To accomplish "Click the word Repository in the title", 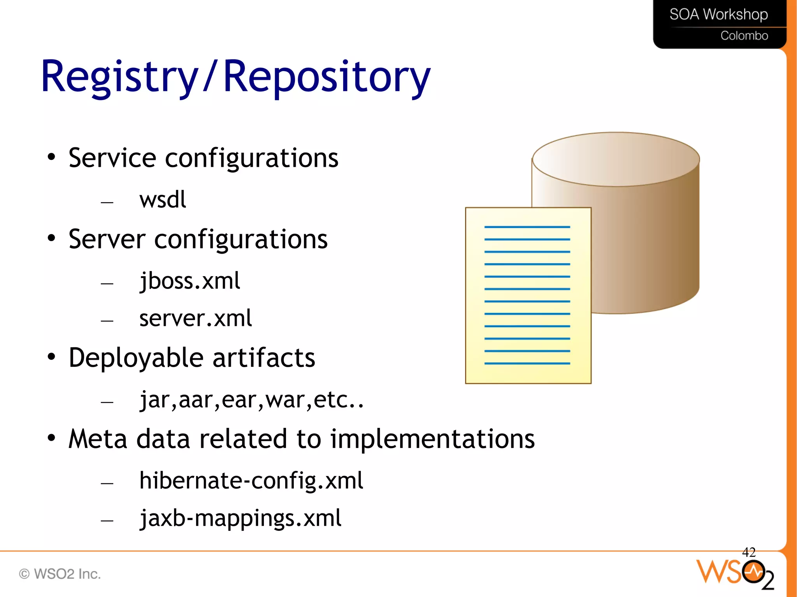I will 327,77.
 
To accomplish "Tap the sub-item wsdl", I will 163,200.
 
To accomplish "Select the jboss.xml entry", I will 190,281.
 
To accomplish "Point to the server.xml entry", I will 195,319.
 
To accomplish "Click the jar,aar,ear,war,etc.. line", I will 251,400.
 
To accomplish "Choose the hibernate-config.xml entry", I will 251,481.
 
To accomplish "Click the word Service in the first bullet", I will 112,158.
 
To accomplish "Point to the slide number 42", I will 748,552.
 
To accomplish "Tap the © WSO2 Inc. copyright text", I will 60,574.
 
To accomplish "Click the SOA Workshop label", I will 718,15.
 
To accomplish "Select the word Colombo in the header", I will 744,36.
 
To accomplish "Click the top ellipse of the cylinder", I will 616,159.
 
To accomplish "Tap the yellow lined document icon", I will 528,296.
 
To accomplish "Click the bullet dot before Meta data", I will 51,438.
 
